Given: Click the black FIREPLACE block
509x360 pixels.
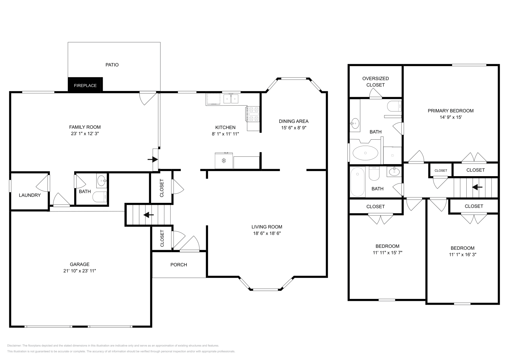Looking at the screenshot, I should [85, 85].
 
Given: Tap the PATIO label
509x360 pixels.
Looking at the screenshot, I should [112, 65].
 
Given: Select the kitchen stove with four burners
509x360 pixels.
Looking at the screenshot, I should [253, 114].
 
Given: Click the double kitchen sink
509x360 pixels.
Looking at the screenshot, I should [231, 99].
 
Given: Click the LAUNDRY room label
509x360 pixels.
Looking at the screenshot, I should [30, 195].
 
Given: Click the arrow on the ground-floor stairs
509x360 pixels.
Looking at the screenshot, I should [149, 215].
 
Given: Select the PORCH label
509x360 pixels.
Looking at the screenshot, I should [178, 265].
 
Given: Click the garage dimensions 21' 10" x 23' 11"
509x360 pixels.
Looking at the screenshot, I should [80, 271].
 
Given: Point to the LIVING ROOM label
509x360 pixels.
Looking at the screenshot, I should [267, 227].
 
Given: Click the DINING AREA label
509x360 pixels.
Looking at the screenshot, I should [293, 121].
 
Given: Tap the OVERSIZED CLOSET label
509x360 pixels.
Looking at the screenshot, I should [375, 82].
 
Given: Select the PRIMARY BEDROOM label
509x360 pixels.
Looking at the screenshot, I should [450, 111].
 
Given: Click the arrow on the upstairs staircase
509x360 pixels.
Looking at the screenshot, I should [477, 187].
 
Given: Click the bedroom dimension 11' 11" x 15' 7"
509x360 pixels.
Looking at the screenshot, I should [387, 253].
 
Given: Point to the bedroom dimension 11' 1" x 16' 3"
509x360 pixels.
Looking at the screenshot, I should [462, 254].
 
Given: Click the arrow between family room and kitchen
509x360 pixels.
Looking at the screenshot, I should [153, 159].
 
